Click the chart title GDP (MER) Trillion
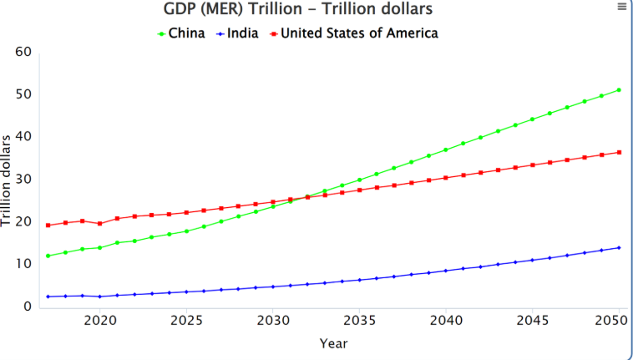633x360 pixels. coord(299,10)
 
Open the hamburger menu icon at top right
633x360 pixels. coord(621,7)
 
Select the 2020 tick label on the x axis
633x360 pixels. coord(99,321)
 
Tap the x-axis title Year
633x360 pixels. coord(333,342)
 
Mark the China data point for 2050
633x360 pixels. coord(619,89)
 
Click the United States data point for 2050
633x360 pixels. coord(619,152)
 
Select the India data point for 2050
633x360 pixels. coord(619,247)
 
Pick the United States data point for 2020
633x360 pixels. coord(99,223)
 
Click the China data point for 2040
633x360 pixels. coord(446,150)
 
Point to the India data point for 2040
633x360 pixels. coord(446,271)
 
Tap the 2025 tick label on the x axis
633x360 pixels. coord(186,321)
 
